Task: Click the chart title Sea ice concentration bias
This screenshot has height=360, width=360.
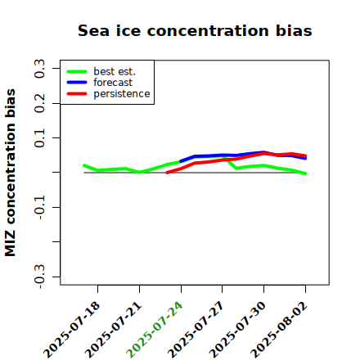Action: (195, 30)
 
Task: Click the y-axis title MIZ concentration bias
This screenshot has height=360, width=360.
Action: (10, 173)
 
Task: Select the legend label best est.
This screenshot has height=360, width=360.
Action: (115, 71)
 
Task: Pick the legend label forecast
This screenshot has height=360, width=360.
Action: (113, 83)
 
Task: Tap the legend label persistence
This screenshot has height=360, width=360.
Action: (122, 94)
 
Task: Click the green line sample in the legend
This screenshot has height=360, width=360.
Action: (77, 71)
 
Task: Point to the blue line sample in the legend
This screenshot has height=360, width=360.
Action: (77, 83)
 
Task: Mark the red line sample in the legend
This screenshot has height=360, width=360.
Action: (77, 94)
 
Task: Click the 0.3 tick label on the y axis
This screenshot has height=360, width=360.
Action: (39, 69)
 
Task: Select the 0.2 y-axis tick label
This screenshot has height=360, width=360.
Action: (39, 103)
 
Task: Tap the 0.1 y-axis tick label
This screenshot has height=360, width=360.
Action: (39, 138)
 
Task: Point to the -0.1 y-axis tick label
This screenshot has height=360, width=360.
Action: (39, 207)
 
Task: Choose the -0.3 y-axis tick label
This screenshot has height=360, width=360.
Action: (39, 277)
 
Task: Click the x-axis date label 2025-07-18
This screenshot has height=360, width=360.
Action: (71, 330)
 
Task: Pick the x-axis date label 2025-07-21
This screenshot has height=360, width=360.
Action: (114, 330)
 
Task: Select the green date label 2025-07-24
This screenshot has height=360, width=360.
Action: (155, 330)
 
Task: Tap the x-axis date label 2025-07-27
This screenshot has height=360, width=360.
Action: (196, 330)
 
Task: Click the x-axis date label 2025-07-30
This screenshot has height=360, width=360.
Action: (237, 330)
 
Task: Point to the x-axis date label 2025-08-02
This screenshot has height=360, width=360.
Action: (279, 330)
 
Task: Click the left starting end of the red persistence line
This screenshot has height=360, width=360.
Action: (167, 173)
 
